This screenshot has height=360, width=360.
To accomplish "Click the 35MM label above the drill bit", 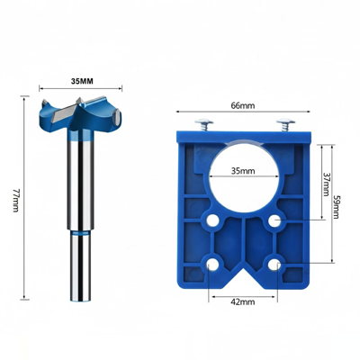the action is click(82, 81).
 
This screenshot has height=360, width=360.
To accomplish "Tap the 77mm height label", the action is click(16, 201).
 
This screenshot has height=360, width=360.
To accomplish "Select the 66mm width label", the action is click(243, 105).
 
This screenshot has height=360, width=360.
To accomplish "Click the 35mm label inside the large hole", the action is click(243, 171).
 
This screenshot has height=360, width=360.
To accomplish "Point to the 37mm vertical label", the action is click(326, 184).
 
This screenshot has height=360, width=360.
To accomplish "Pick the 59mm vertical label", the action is click(336, 207).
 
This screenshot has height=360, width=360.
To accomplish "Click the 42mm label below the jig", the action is click(243, 301).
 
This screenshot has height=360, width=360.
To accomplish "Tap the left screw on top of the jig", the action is click(203, 124).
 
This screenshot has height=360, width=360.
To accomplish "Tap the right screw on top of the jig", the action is click(285, 124).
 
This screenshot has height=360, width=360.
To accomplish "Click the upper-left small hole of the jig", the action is click(212, 221).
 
